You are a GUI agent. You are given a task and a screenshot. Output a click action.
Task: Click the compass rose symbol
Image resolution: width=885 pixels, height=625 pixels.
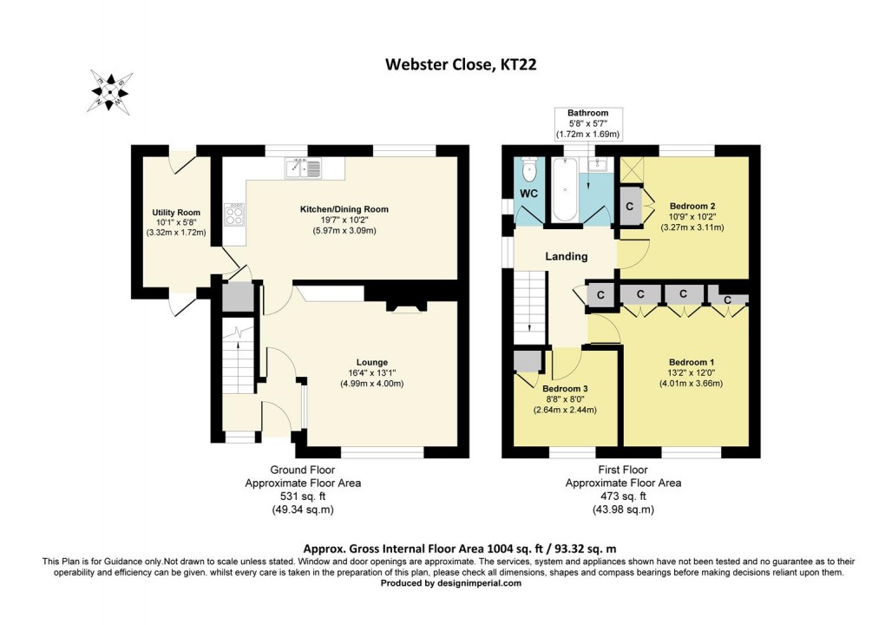pyautogui.click(x=110, y=91)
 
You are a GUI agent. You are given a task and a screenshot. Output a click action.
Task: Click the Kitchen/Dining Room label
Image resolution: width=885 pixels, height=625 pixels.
pyautogui.click(x=344, y=209)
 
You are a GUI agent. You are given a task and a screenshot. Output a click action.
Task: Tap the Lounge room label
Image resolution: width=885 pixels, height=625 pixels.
pyautogui.click(x=371, y=362)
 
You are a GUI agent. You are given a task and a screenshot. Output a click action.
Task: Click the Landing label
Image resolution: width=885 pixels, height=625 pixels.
pyautogui.click(x=566, y=256)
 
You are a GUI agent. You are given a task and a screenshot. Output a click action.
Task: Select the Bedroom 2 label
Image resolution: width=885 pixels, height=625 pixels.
pyautogui.click(x=692, y=206)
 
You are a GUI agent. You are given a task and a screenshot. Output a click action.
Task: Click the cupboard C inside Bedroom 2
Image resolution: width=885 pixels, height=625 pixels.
pyautogui.click(x=630, y=207)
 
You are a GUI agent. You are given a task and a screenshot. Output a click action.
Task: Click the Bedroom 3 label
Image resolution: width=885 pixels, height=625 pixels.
pyautogui.click(x=565, y=388)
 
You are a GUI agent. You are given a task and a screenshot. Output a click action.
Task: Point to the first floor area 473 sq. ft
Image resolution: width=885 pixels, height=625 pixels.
pyautogui.click(x=623, y=497)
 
